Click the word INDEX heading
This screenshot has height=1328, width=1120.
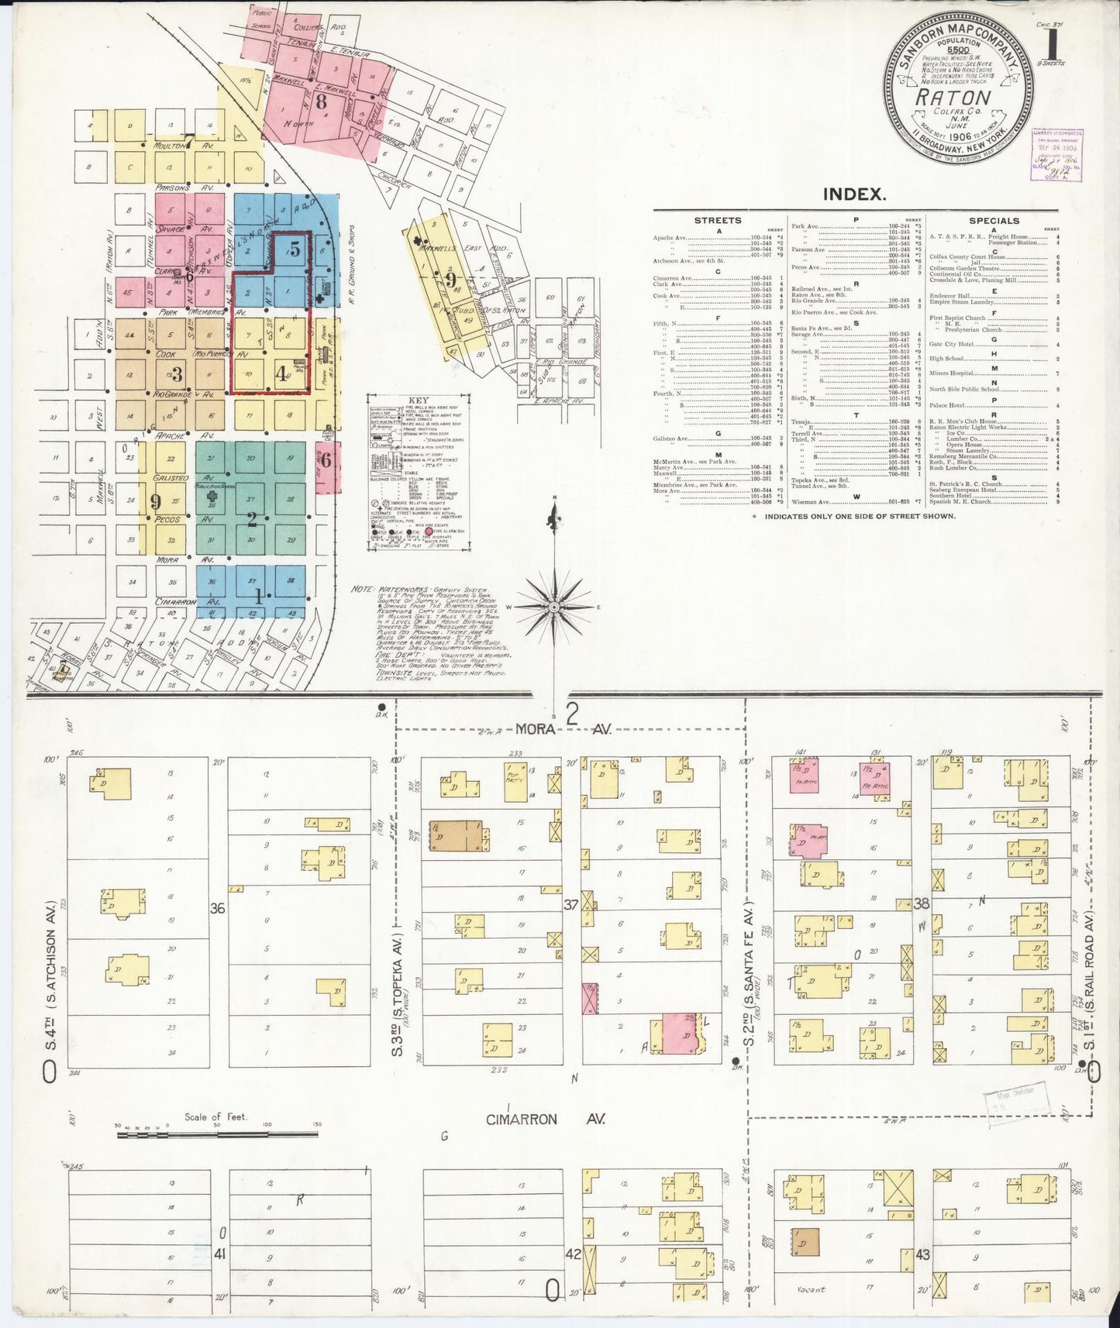click(855, 194)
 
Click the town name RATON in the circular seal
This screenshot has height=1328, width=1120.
click(953, 98)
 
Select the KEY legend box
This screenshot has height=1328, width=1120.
click(419, 473)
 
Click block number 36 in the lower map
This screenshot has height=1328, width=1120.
click(218, 908)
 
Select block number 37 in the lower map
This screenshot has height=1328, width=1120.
click(572, 903)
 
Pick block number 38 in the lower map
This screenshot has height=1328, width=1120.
click(922, 903)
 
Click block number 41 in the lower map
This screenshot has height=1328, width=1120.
click(220, 1254)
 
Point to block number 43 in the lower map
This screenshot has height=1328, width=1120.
click(922, 1254)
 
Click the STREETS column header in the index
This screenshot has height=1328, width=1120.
click(717, 221)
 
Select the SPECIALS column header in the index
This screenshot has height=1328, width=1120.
click(994, 221)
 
